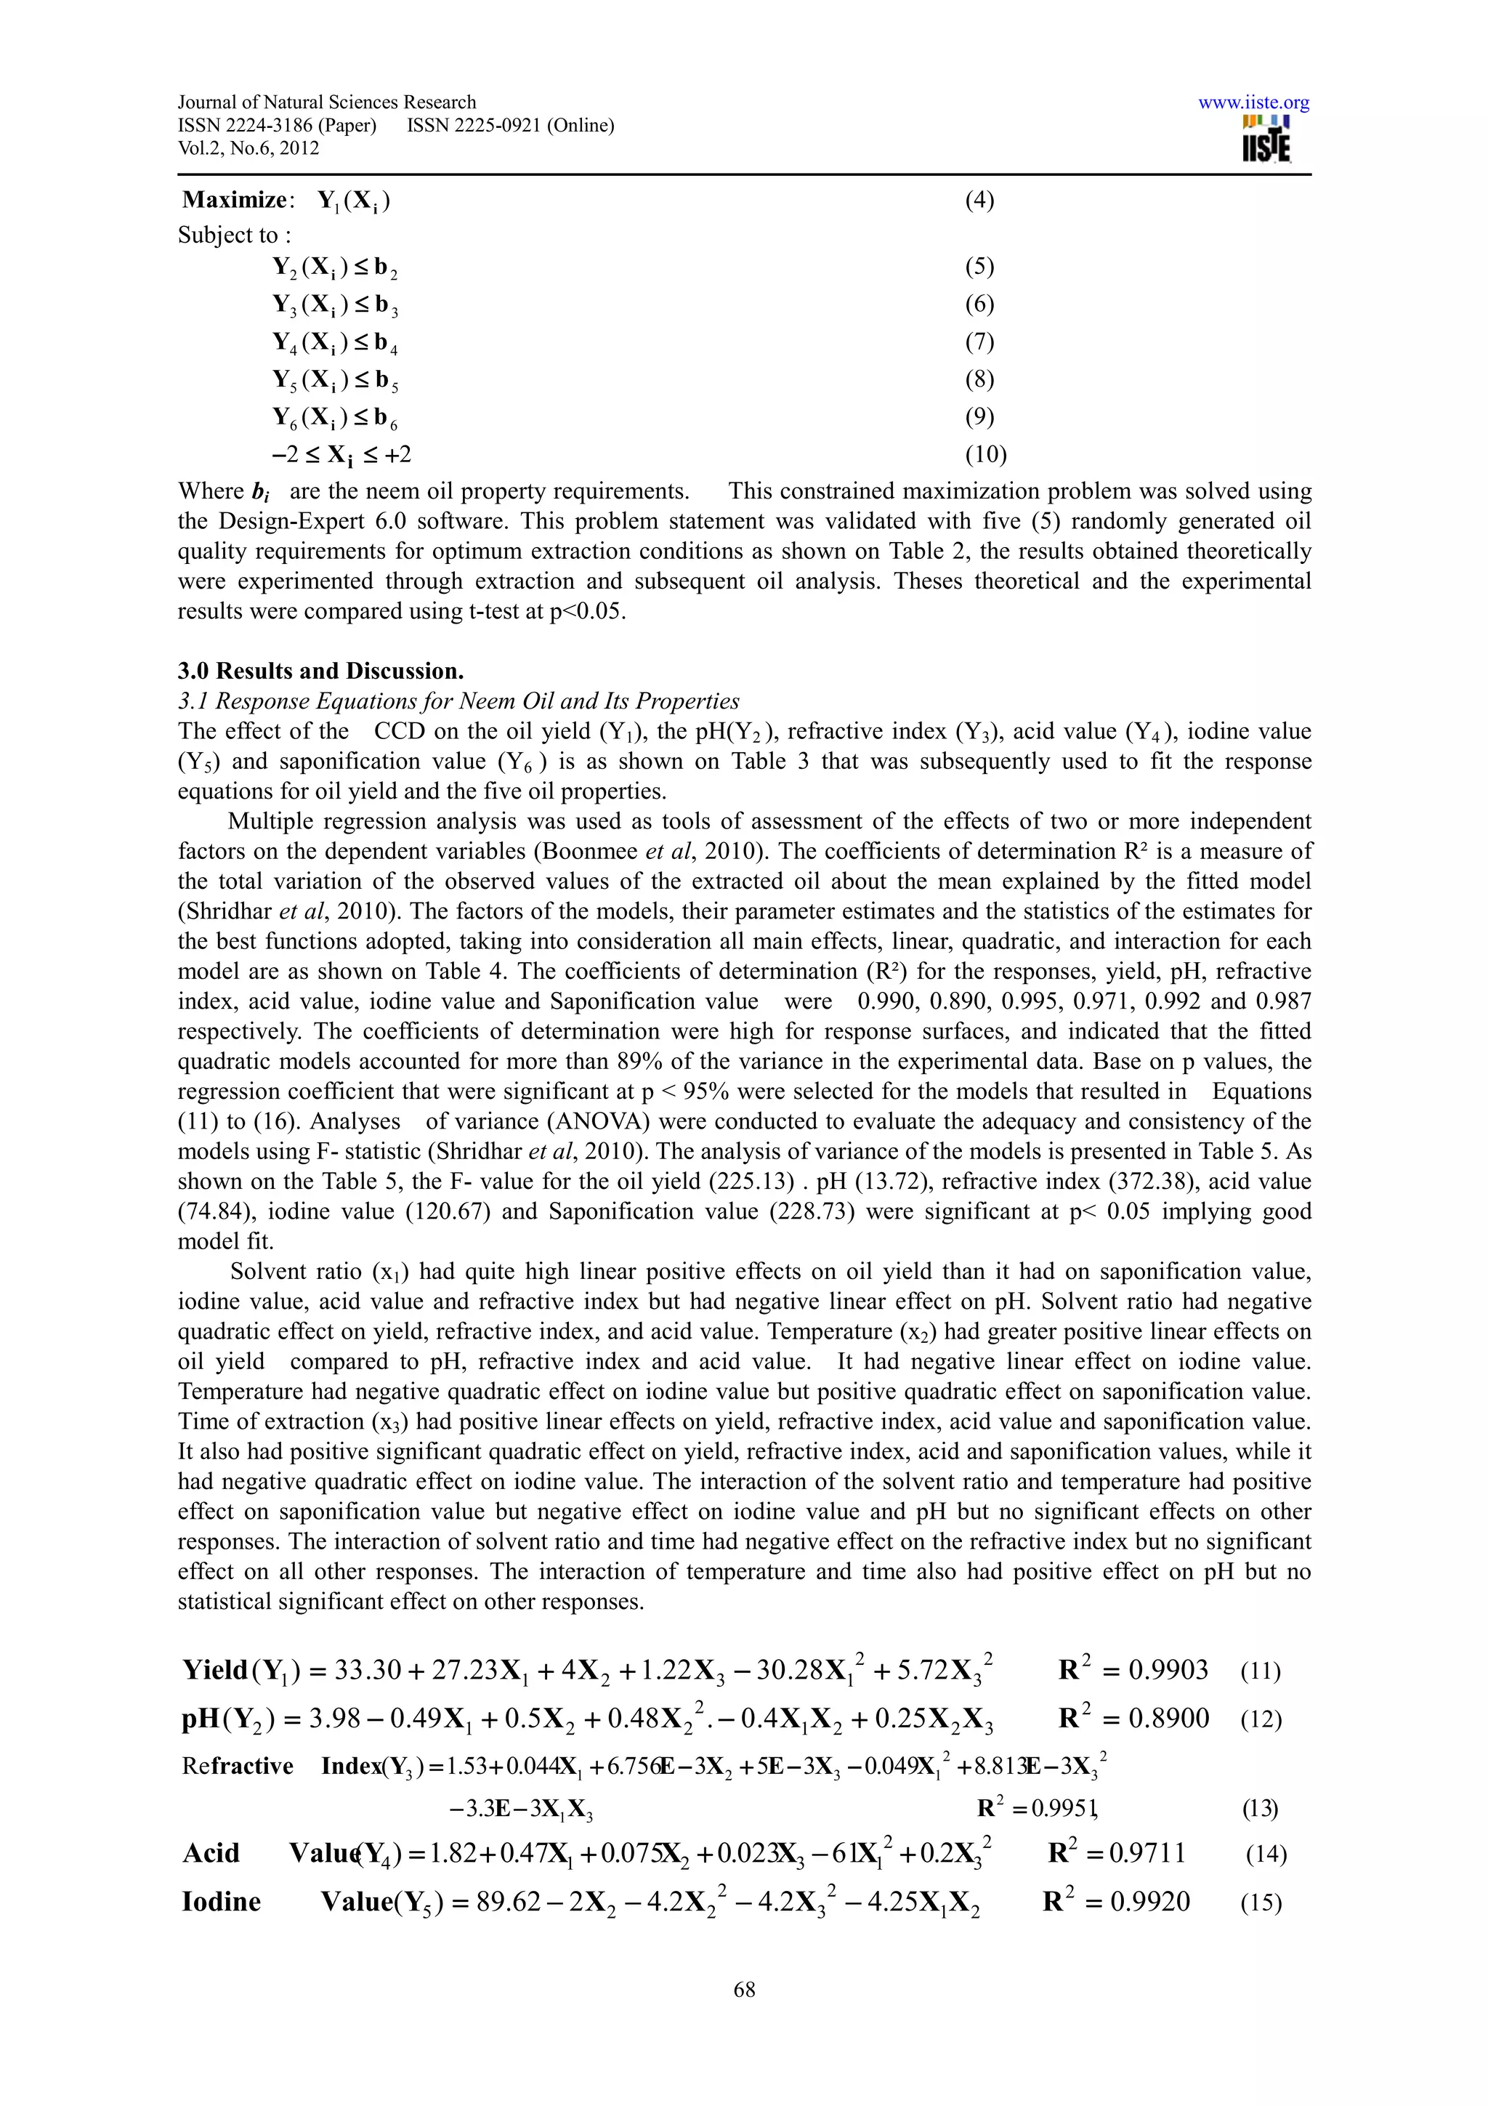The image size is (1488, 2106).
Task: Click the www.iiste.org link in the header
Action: point(1253,102)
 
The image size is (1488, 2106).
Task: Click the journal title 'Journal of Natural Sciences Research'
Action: point(326,102)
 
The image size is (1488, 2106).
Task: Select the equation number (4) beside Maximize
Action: point(979,200)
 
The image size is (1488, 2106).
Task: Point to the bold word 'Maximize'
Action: point(235,200)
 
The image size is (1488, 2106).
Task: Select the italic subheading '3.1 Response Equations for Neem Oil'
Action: point(458,701)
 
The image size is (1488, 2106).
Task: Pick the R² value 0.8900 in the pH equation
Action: point(1168,1718)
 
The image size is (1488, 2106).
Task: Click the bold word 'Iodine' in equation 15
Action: point(221,1902)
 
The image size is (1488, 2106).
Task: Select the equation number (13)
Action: point(1259,1808)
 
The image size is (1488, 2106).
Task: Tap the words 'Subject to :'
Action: point(235,235)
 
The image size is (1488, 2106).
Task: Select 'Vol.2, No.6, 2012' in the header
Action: point(248,148)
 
